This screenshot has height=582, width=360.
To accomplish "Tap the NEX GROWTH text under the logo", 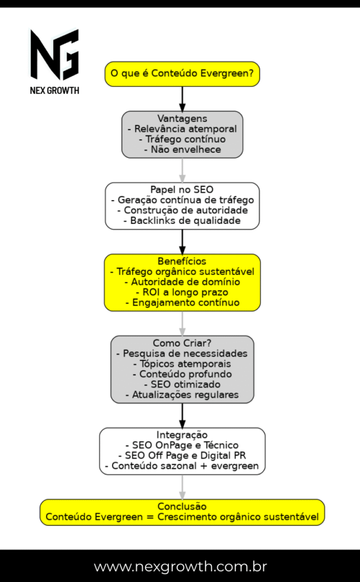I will point(55,90).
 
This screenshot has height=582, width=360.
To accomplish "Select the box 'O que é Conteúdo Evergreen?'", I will point(182,74).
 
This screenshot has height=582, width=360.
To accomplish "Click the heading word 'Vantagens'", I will point(182,119).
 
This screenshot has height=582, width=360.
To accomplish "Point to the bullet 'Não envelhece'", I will point(182,149).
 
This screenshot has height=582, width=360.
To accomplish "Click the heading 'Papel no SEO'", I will point(182,190).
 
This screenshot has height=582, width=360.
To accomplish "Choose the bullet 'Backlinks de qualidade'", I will point(182,221).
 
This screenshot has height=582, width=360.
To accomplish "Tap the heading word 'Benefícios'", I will point(182,261).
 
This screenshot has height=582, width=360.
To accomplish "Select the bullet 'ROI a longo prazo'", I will point(182,292).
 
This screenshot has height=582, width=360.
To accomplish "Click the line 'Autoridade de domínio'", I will point(182,282).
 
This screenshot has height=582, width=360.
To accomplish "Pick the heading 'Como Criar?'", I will point(182,343).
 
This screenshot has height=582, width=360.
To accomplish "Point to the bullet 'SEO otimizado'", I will point(182,384).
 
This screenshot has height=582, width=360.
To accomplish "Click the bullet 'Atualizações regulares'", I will point(182,394).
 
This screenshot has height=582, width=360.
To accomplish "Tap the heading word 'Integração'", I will point(182,435).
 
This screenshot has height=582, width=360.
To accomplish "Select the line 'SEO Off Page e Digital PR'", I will point(182,456).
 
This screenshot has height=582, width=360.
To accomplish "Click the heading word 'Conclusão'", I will point(182,506).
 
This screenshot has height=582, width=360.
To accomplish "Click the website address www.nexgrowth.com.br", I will point(180,567).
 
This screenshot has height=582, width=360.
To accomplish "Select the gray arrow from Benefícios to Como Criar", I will point(182,323).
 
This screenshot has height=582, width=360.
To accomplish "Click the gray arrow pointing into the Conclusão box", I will point(182,487).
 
